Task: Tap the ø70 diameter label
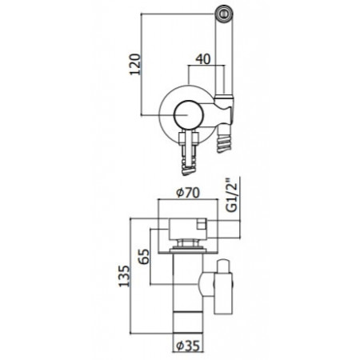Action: coord(187,191)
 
